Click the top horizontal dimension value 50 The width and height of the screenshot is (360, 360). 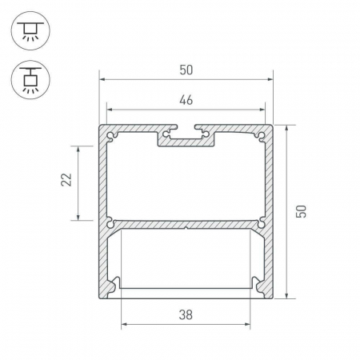186,70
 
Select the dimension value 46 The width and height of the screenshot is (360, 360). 186,100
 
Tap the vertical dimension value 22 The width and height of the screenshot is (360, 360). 66,179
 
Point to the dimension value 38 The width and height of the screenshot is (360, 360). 186,315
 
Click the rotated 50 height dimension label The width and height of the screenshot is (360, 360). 302,211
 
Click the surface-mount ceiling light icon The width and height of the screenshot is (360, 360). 30,30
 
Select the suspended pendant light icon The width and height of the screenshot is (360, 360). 30,80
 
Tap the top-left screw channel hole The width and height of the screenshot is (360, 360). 111,136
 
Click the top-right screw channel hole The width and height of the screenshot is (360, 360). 262,136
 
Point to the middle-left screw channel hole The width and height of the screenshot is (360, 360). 110,223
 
